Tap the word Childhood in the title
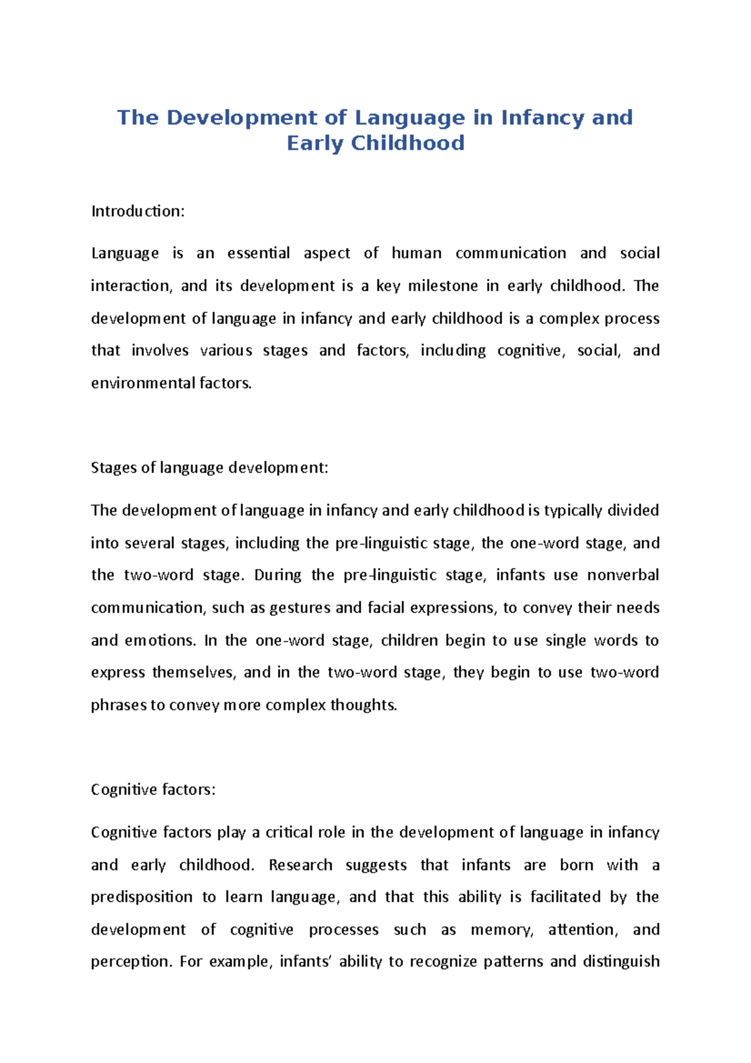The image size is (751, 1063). (x=407, y=143)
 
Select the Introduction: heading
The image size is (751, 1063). (x=138, y=212)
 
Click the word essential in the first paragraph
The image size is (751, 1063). (x=258, y=254)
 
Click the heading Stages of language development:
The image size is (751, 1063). (x=209, y=468)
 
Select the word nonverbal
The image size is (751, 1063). (x=623, y=575)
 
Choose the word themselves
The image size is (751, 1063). (x=194, y=672)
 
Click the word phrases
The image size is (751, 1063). (x=119, y=706)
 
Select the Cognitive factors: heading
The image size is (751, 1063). (x=153, y=790)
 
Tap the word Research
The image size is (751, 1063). (x=300, y=865)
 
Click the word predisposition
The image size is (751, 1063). (x=141, y=897)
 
